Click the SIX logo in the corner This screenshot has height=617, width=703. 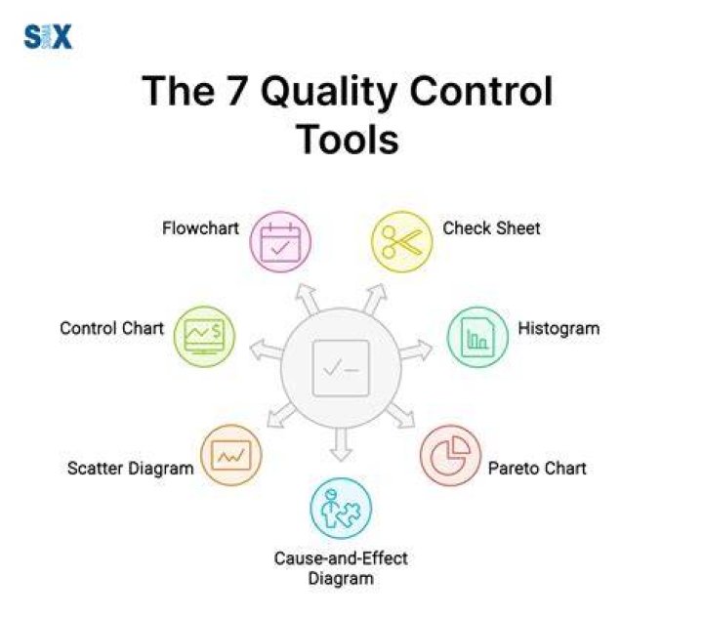48,37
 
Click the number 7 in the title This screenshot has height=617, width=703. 235,91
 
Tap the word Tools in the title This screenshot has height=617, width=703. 348,140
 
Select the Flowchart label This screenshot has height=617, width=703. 200,228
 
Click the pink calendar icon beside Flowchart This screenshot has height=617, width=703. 280,242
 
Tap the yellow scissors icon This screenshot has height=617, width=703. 402,242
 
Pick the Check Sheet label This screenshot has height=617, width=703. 491,228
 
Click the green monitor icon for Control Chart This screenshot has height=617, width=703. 204,337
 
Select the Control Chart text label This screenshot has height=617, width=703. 111,328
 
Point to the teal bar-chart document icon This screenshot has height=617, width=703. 477,337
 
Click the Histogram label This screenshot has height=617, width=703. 558,329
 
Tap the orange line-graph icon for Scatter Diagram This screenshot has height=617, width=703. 231,455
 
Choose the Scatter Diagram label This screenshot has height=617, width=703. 131,469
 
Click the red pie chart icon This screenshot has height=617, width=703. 450,456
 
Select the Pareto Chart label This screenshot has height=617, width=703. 537,469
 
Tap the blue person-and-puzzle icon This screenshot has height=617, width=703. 341,509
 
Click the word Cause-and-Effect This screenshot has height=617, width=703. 341,558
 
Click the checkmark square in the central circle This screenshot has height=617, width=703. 341,368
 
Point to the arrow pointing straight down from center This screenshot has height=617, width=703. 341,444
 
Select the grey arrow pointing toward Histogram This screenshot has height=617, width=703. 416,350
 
